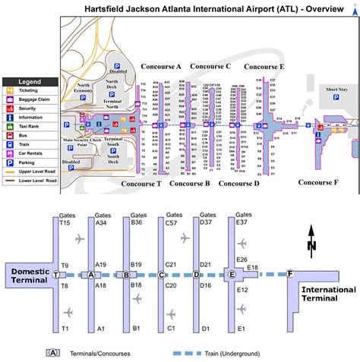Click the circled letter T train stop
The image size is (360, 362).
pos(56,275)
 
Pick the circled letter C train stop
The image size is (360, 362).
pos(162,275)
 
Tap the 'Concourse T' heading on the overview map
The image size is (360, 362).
pos(142,162)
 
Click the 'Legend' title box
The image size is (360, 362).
pos(30,81)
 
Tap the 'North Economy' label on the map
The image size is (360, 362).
pos(84,88)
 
